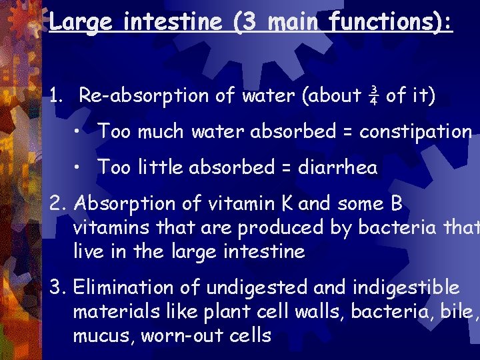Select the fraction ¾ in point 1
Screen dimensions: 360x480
tap(374, 96)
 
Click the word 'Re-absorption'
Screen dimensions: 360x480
tap(144, 96)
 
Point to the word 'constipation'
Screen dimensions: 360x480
tap(415, 132)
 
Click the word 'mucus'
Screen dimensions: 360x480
tap(99, 335)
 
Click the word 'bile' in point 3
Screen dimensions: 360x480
tap(454, 311)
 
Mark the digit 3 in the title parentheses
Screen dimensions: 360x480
tap(245, 23)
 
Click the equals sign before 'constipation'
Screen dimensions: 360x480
tap(347, 132)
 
